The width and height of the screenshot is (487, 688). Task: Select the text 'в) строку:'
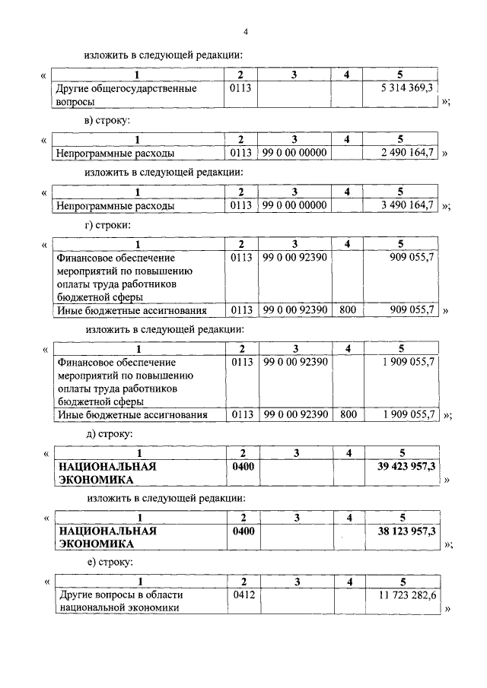click(107, 121)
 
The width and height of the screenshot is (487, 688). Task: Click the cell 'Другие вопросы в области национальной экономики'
click(120, 601)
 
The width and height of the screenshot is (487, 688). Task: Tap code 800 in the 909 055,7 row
click(348, 309)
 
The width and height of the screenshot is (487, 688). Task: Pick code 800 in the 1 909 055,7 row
click(348, 414)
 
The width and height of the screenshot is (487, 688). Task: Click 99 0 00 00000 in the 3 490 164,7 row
click(294, 205)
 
